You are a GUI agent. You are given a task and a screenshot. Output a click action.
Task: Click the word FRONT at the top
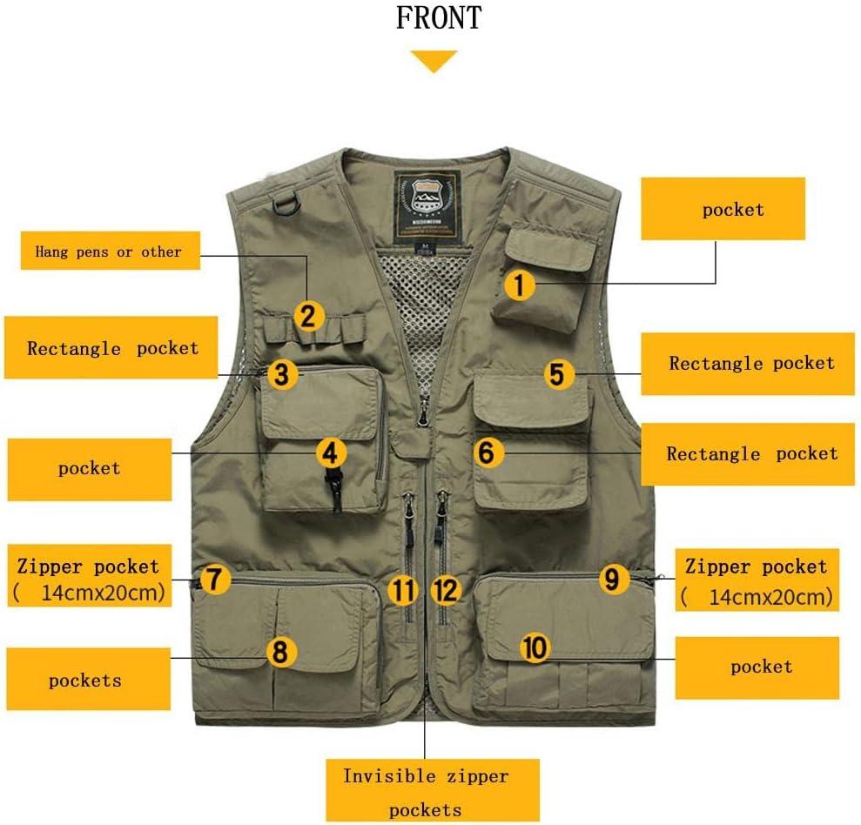(439, 17)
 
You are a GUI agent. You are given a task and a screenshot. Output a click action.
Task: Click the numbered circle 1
(519, 285)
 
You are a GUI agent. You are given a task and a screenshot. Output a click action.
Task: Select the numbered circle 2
(308, 316)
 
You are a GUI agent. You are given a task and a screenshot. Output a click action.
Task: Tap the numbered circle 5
(558, 374)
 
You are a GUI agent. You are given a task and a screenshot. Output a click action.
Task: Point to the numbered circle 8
(280, 652)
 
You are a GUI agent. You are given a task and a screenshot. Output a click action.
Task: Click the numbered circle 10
(535, 647)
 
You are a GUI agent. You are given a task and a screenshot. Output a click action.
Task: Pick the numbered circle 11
(404, 591)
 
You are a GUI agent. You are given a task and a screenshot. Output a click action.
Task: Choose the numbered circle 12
(446, 591)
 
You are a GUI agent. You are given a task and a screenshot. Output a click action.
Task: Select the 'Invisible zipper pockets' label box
(433, 790)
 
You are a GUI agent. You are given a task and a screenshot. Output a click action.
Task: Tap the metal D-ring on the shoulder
(286, 203)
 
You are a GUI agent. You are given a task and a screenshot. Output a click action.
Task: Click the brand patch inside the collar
(427, 206)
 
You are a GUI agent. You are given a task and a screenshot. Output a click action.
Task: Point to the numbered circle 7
(214, 579)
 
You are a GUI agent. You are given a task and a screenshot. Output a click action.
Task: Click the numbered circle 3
(282, 374)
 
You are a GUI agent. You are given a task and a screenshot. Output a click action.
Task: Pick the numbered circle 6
(488, 453)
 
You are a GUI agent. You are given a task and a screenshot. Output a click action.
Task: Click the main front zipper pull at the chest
(423, 412)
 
